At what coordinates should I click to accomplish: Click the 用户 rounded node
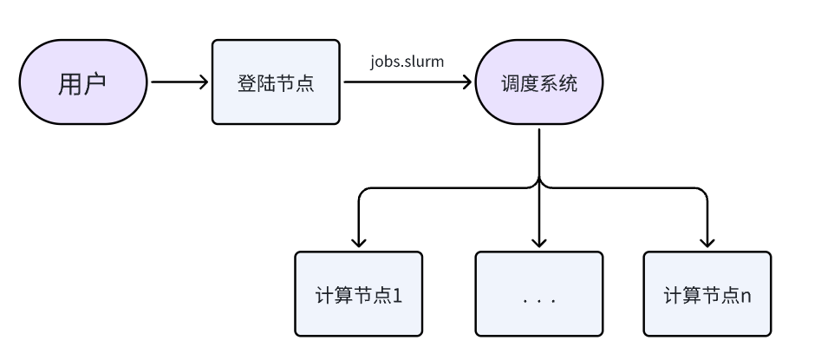coord(82,83)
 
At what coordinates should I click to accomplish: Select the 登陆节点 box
coord(276,83)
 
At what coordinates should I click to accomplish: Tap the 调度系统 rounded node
coord(539,83)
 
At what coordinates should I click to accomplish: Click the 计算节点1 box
coord(358,294)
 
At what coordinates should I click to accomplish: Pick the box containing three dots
coord(538,294)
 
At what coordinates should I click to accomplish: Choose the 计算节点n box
coord(707,294)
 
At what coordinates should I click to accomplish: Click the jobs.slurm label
coord(407,62)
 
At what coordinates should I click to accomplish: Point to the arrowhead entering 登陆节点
coord(205,83)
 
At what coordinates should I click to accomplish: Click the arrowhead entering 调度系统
coord(468,83)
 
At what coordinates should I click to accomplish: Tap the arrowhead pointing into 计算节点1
coord(358,242)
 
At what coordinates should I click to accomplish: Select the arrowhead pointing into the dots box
coord(539,242)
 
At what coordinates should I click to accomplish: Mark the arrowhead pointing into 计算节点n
coord(707,242)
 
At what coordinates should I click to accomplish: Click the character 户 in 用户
coord(94,84)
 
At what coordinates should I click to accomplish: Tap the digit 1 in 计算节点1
coord(398,295)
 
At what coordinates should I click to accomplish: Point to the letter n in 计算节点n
coord(746,295)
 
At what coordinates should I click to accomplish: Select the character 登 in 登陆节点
coord(246,84)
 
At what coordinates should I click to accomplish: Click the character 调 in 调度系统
coord(511,84)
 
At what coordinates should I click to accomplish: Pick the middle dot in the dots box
coord(538,301)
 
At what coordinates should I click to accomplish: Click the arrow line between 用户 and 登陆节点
coord(178,83)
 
